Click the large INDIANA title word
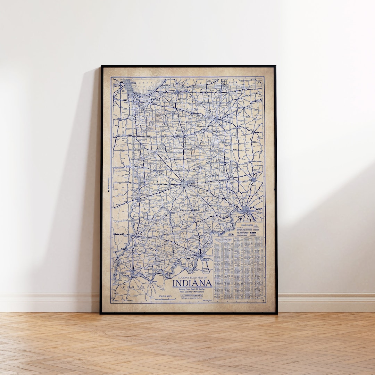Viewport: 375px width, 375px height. tap(192, 283)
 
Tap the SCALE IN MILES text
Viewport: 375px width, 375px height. tap(165, 296)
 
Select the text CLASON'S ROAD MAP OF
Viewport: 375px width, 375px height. tap(192, 278)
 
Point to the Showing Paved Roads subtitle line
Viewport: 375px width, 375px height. tap(192, 289)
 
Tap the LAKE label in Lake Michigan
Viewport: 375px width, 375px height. tap(141, 83)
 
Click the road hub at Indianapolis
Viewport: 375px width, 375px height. tap(183, 184)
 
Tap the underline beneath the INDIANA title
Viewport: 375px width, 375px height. tap(192, 287)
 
